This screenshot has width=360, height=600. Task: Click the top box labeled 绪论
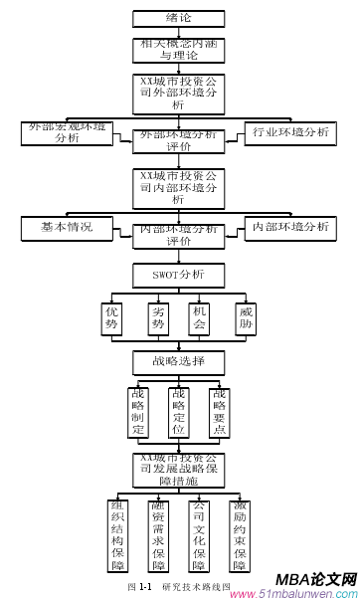click(179, 19)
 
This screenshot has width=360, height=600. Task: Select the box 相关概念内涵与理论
click(179, 50)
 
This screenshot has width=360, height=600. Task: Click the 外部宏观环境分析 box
click(69, 133)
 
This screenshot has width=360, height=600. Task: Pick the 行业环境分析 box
click(290, 132)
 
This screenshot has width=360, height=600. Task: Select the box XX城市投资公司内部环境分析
click(179, 186)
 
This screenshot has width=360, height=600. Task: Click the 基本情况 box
click(68, 228)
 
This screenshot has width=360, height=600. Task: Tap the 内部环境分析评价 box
click(179, 235)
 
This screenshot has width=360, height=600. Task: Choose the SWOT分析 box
click(179, 273)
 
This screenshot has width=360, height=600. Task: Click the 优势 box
click(112, 318)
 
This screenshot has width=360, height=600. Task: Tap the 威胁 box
click(247, 318)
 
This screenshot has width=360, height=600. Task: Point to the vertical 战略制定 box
click(139, 413)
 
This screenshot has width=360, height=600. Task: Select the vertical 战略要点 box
click(220, 413)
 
